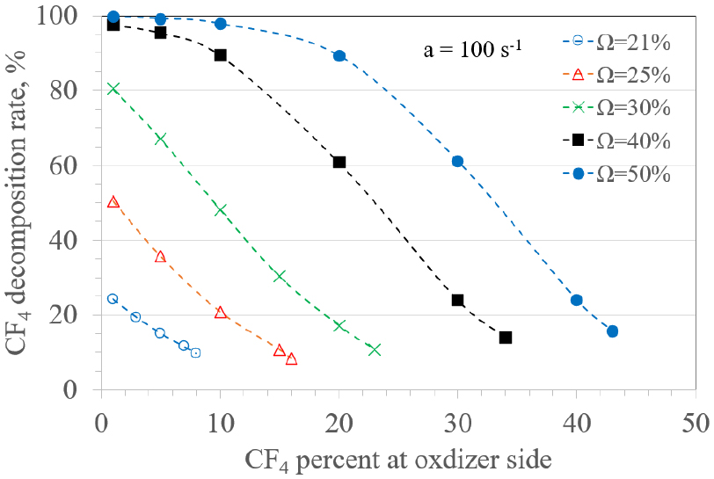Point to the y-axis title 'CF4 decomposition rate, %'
(21, 202)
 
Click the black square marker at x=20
(339, 162)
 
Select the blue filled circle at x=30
(457, 162)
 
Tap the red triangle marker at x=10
(221, 312)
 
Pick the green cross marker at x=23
(375, 350)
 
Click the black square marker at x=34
(506, 337)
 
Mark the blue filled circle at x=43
(612, 331)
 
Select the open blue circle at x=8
(195, 352)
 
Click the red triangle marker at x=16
(292, 359)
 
